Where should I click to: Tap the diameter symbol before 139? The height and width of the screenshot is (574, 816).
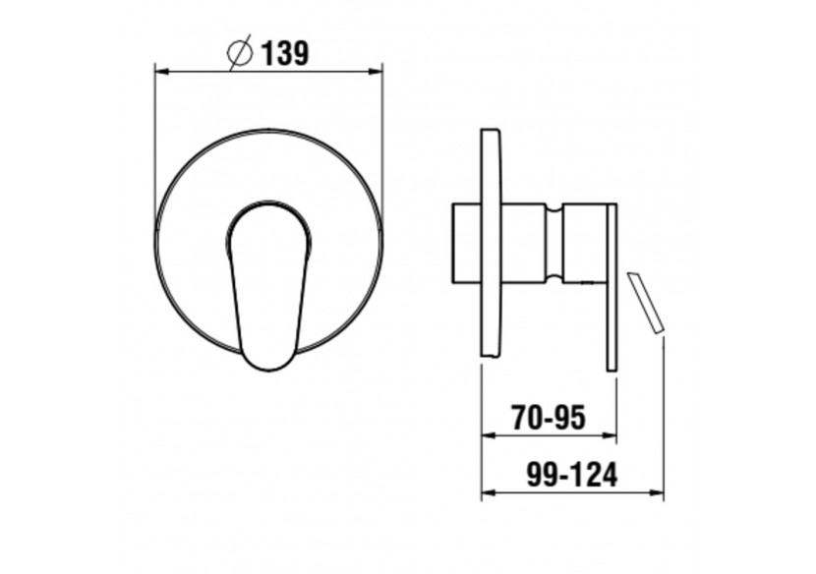pos(241,52)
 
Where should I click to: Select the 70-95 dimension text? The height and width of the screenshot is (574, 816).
pos(549,418)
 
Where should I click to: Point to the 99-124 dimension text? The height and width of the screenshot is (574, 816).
pos(572,474)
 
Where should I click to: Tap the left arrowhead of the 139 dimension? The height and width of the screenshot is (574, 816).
pos(162,72)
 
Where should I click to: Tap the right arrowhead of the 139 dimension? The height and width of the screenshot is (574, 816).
pos(376,72)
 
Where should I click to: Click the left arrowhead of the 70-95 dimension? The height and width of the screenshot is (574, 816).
pos(489,435)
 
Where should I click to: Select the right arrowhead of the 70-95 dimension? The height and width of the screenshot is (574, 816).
pos(610,435)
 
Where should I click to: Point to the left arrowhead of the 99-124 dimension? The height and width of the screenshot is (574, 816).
pos(489,491)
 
